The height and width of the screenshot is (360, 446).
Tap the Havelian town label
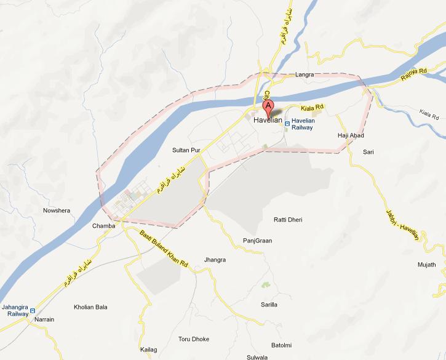coord(268,121)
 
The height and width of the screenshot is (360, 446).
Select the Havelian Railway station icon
coord(287,121)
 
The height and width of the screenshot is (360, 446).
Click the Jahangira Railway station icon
coord(33,310)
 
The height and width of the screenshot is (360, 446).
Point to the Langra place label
coord(305,75)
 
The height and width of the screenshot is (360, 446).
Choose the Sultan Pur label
coord(187,150)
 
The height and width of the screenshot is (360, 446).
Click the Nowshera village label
coord(57,210)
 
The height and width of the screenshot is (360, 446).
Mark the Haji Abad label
coord(351,135)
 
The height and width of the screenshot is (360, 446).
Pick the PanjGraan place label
coord(257,241)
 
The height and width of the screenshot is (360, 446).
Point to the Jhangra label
coord(215,260)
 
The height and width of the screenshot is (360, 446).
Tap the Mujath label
coord(426,265)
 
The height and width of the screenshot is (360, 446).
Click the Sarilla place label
coord(269,305)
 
